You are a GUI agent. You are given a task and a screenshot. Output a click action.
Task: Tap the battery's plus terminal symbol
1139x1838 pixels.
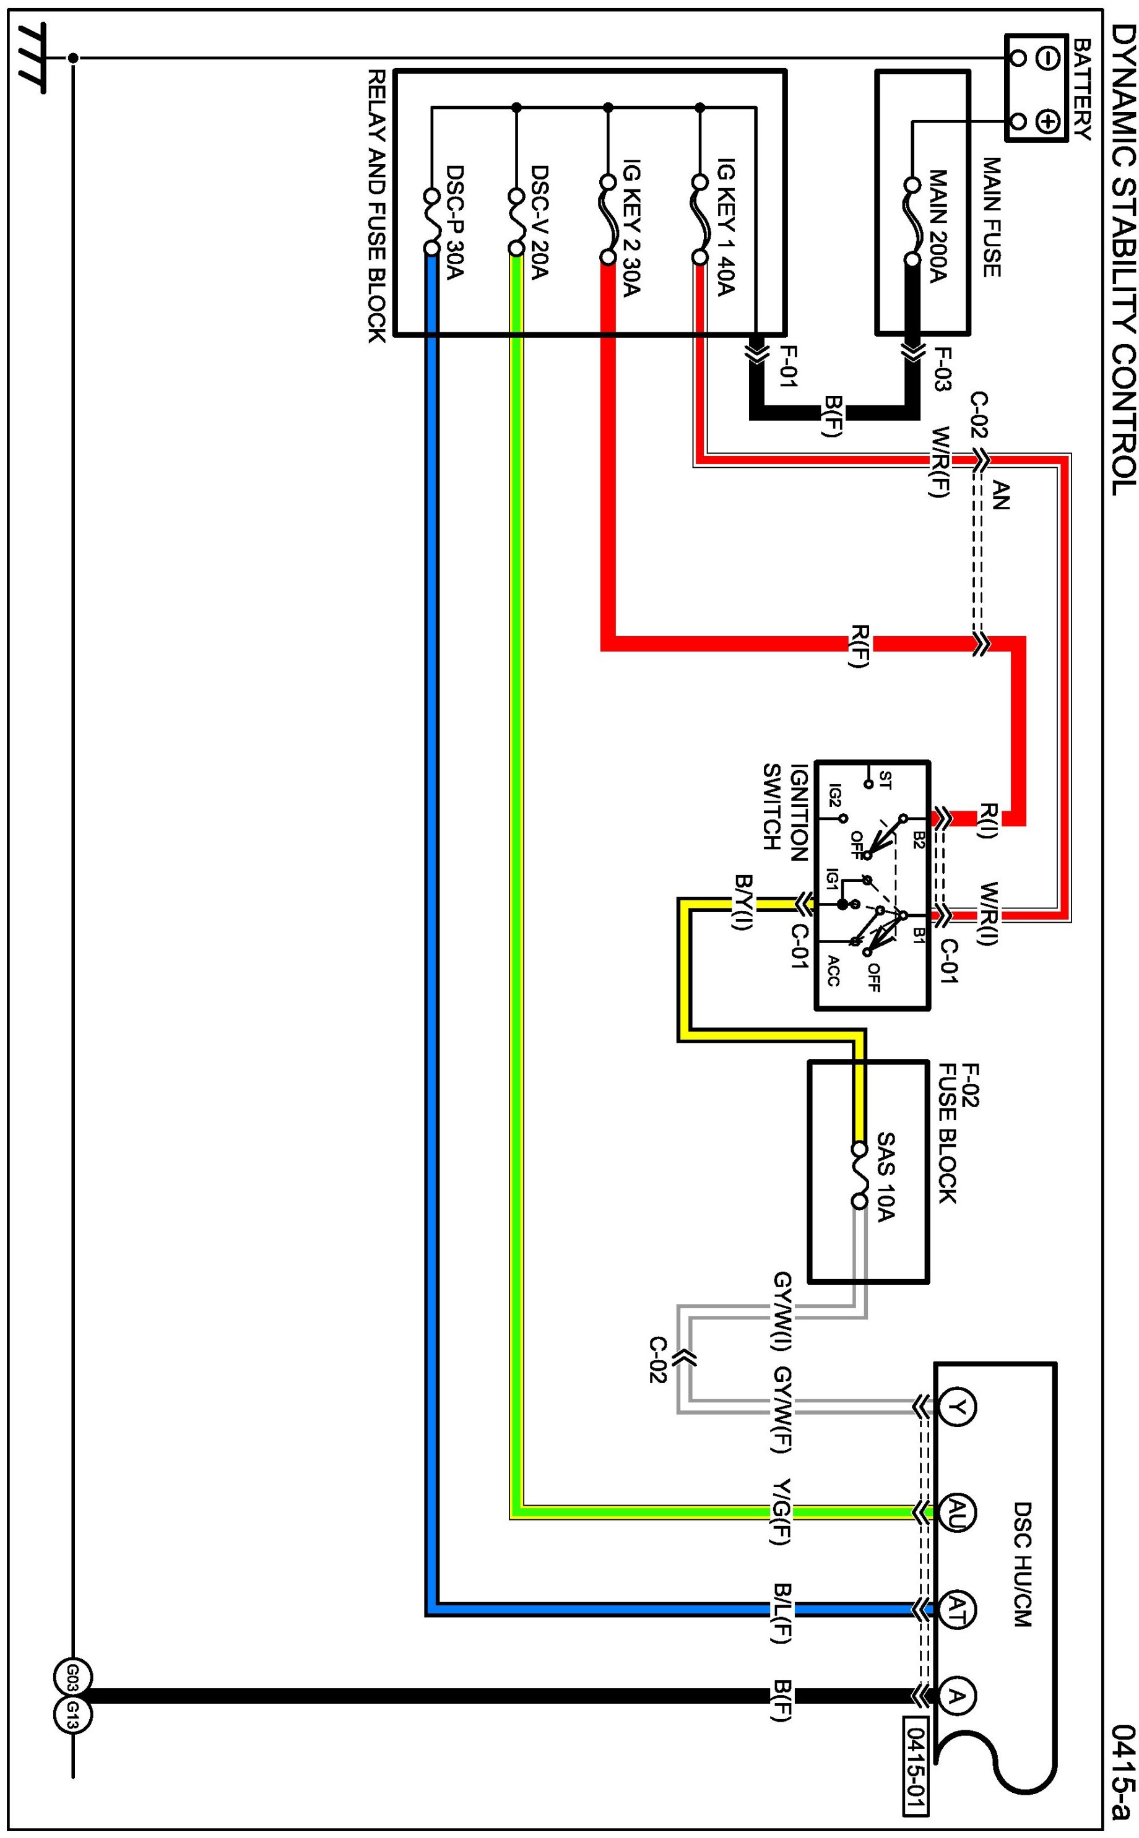[1049, 121]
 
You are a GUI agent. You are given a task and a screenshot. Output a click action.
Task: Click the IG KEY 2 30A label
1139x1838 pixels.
[631, 237]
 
